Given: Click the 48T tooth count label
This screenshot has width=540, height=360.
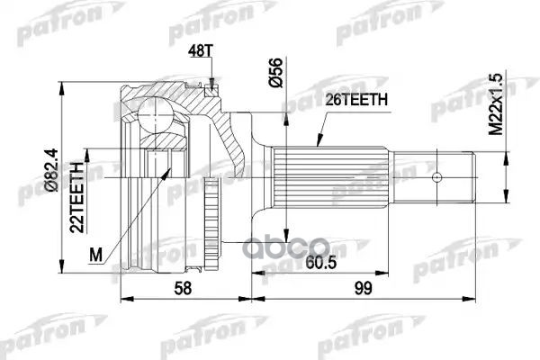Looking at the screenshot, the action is coord(201,51).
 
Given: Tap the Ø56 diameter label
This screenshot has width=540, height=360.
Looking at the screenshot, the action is coord(275,73).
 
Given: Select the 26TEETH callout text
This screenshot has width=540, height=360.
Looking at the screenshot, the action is coord(356,100).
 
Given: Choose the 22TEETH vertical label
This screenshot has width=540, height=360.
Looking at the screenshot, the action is coord(76,197).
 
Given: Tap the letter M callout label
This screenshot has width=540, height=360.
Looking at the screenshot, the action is coord(96,255).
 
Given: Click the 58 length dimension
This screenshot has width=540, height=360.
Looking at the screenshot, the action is coord(183,288).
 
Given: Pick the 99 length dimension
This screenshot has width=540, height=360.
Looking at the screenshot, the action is coord(363,288).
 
